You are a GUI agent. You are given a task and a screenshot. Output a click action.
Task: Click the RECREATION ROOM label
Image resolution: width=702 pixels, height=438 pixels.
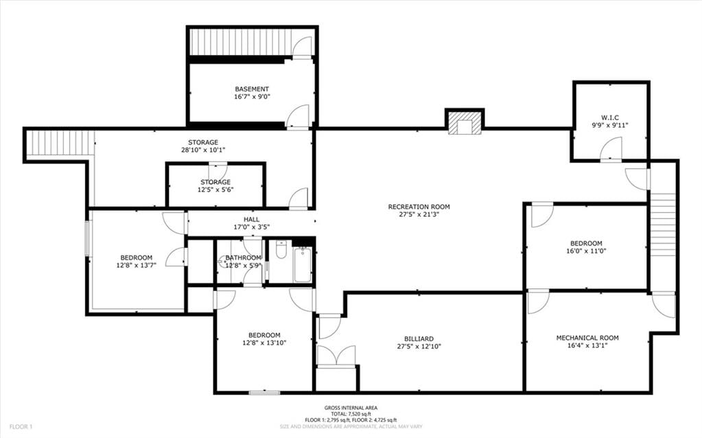pyautogui.click(x=419, y=207)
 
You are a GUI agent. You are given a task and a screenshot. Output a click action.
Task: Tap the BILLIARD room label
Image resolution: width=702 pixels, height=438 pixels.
pyautogui.click(x=419, y=339)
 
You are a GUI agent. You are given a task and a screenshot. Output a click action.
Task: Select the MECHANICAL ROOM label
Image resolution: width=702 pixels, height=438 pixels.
pyautogui.click(x=587, y=338)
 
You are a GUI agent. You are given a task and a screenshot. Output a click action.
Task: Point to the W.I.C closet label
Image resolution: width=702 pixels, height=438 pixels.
pyautogui.click(x=610, y=118)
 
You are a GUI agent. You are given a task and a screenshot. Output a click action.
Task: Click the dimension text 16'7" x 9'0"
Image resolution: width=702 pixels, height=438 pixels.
pyautogui.click(x=252, y=97)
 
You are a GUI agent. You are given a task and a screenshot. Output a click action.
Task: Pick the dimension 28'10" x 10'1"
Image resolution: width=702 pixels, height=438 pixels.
pyautogui.click(x=203, y=150)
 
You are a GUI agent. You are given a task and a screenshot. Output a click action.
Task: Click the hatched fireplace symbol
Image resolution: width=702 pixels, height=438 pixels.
pyautogui.click(x=465, y=122)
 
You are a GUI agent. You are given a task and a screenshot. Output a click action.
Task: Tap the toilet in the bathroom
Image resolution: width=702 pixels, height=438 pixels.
pyautogui.click(x=281, y=249)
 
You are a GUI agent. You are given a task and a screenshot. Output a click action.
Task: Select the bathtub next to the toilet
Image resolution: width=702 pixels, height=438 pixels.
pyautogui.click(x=303, y=265)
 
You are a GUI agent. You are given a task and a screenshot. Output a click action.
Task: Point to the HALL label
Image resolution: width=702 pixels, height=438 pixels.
pyautogui.click(x=252, y=220)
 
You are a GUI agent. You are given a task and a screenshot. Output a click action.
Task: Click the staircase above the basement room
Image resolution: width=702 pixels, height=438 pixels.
pyautogui.click(x=241, y=42)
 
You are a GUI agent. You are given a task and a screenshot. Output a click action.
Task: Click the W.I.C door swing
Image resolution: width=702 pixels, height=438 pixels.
pyautogui.click(x=611, y=148)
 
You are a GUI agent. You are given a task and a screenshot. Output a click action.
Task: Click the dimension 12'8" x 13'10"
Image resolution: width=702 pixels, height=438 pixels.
pyautogui.click(x=264, y=343)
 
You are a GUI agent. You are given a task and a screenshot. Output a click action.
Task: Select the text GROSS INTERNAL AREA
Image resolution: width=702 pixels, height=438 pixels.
pyautogui.click(x=351, y=408)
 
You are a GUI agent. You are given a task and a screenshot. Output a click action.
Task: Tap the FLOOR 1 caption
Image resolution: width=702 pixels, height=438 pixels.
pyautogui.click(x=21, y=427)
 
